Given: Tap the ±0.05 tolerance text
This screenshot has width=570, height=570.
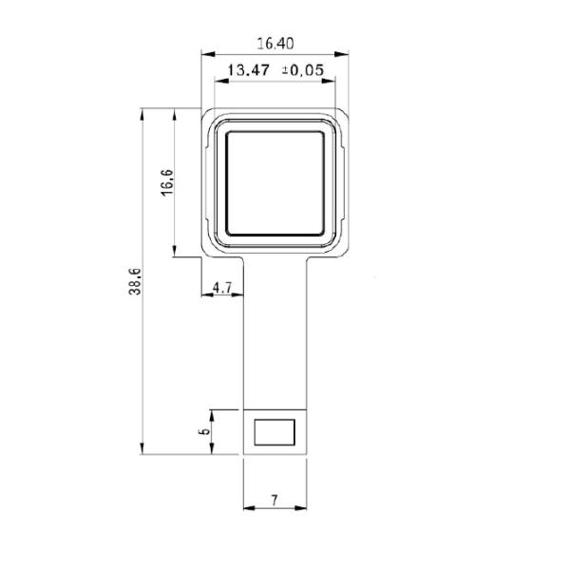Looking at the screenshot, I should [x=304, y=69].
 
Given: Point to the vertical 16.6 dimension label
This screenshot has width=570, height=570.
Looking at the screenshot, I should [x=167, y=180].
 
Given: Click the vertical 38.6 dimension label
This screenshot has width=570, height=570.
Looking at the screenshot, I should [x=135, y=282].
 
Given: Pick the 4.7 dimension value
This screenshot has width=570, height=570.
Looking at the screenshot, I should [x=222, y=286].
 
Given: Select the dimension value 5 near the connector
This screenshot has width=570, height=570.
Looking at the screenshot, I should [x=204, y=431].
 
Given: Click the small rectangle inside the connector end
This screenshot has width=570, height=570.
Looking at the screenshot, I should [x=275, y=431].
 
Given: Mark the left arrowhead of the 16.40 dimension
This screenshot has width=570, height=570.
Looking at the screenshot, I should [x=206, y=55].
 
